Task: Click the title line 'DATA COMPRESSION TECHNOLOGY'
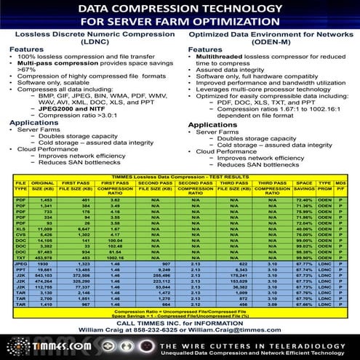point(180,8)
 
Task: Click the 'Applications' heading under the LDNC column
point(33,124)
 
